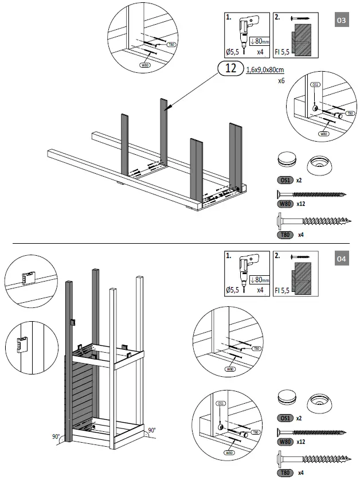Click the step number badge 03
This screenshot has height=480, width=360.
(341, 21)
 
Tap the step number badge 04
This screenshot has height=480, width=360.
(341, 259)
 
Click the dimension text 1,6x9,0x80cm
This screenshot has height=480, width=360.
(265, 70)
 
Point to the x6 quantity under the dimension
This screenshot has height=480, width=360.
(281, 81)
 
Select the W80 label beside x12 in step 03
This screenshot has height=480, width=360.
(285, 204)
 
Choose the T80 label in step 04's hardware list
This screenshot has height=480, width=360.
(285, 473)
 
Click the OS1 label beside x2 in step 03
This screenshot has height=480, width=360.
(285, 179)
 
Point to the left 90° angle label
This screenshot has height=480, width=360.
(56, 437)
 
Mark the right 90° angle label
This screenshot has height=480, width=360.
(151, 430)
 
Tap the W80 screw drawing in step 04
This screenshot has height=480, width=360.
(312, 432)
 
